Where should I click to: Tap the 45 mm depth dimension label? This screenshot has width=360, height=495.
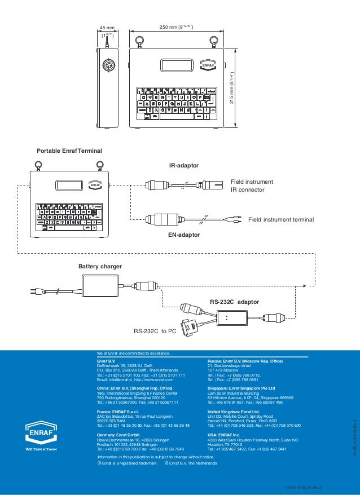point(107,27)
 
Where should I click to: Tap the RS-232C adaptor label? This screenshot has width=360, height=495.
point(234,302)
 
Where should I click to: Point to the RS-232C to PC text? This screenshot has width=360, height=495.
point(155,332)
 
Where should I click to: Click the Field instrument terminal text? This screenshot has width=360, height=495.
point(280,218)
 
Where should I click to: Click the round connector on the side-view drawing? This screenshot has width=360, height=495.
point(107,64)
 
